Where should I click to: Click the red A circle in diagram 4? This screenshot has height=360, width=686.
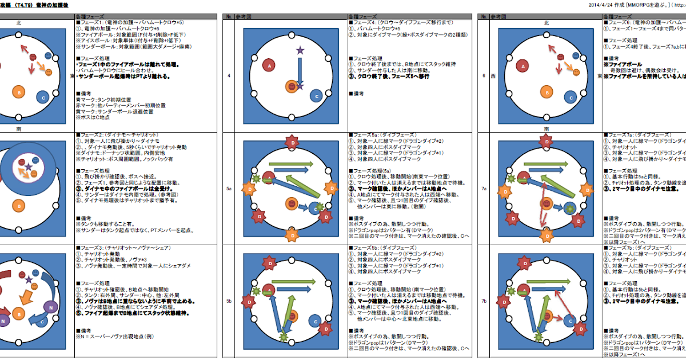pyautogui.click(x=269, y=67)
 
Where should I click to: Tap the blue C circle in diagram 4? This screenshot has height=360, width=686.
pyautogui.click(x=316, y=97)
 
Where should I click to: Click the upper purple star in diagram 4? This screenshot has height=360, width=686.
pyautogui.click(x=300, y=51)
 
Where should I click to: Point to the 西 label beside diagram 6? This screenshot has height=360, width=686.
pyautogui.click(x=492, y=76)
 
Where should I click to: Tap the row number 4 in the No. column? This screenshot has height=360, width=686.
pyautogui.click(x=228, y=76)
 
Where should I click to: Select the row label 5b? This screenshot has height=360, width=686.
pyautogui.click(x=228, y=300)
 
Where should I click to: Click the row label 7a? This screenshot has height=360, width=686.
pyautogui.click(x=484, y=187)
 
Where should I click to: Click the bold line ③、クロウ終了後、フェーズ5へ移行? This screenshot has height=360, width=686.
pyautogui.click(x=389, y=77)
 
